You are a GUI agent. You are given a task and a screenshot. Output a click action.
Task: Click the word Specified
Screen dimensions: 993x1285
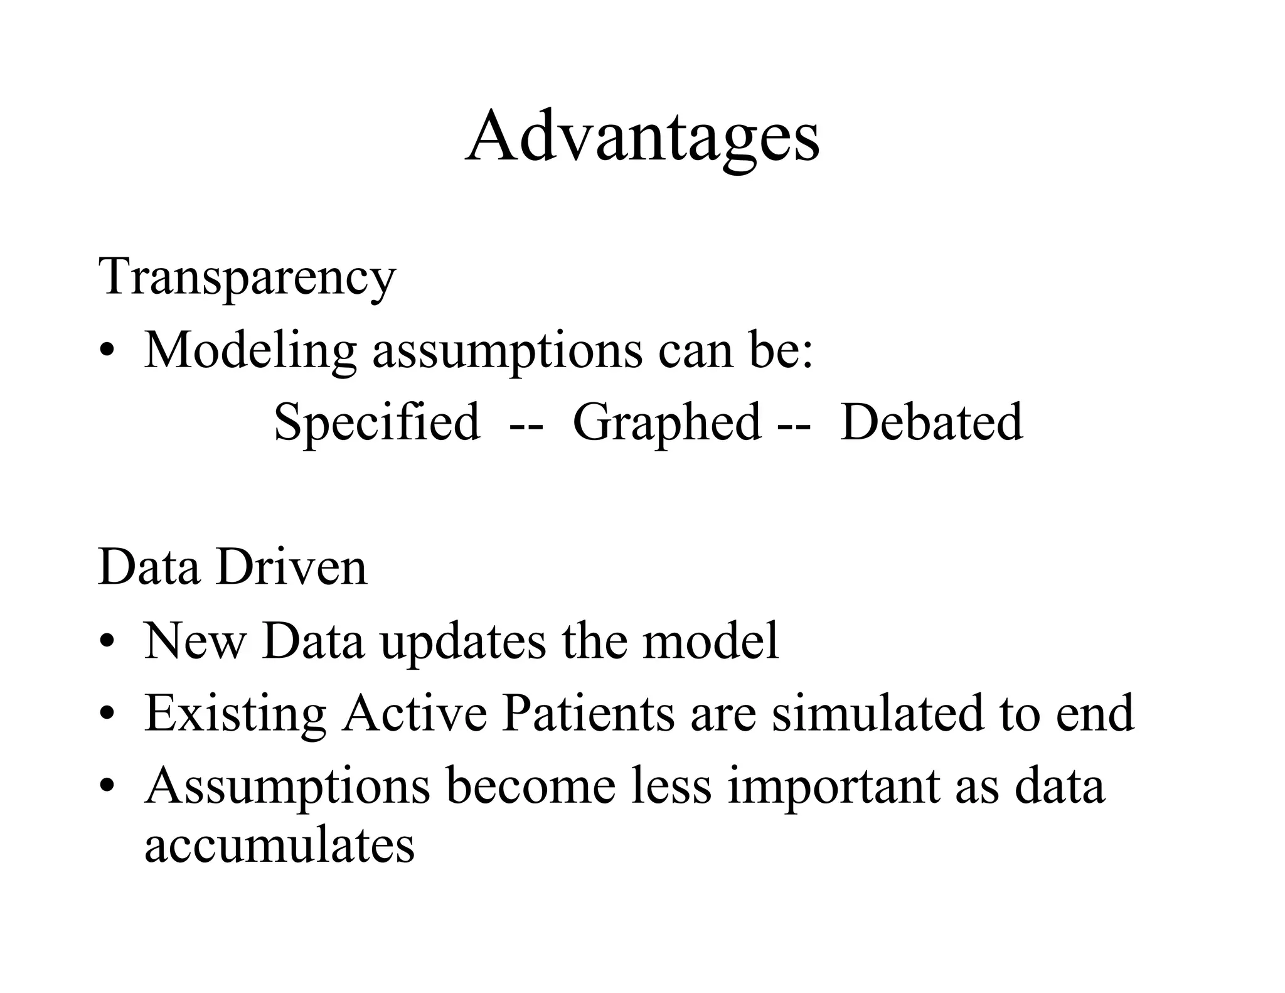(x=377, y=422)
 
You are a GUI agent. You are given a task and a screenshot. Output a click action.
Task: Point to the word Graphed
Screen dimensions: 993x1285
(x=667, y=422)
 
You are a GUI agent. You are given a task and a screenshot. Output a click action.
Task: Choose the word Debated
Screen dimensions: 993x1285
(x=931, y=422)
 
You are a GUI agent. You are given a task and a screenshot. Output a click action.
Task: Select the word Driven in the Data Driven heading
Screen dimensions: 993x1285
(x=291, y=567)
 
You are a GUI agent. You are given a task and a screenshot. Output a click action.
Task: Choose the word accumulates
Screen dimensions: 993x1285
(x=280, y=845)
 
